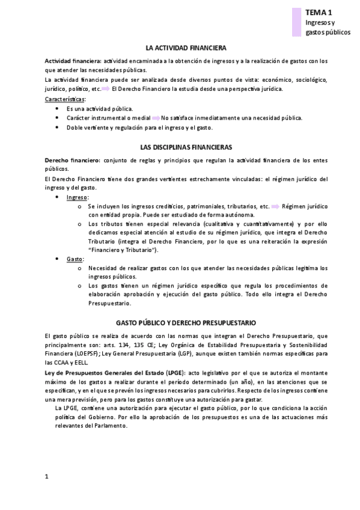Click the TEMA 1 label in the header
coord(318,11)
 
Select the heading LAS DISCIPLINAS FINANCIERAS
coord(186,147)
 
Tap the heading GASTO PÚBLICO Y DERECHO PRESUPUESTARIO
coord(186,322)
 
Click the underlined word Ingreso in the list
coord(78,197)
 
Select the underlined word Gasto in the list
coord(75,259)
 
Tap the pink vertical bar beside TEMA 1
coord(296,22)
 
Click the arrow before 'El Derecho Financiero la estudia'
coord(105,89)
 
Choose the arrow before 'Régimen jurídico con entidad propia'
coord(275,206)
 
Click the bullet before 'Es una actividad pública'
coord(57,108)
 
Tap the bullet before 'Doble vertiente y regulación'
coord(57,127)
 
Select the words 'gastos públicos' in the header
coord(328,32)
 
